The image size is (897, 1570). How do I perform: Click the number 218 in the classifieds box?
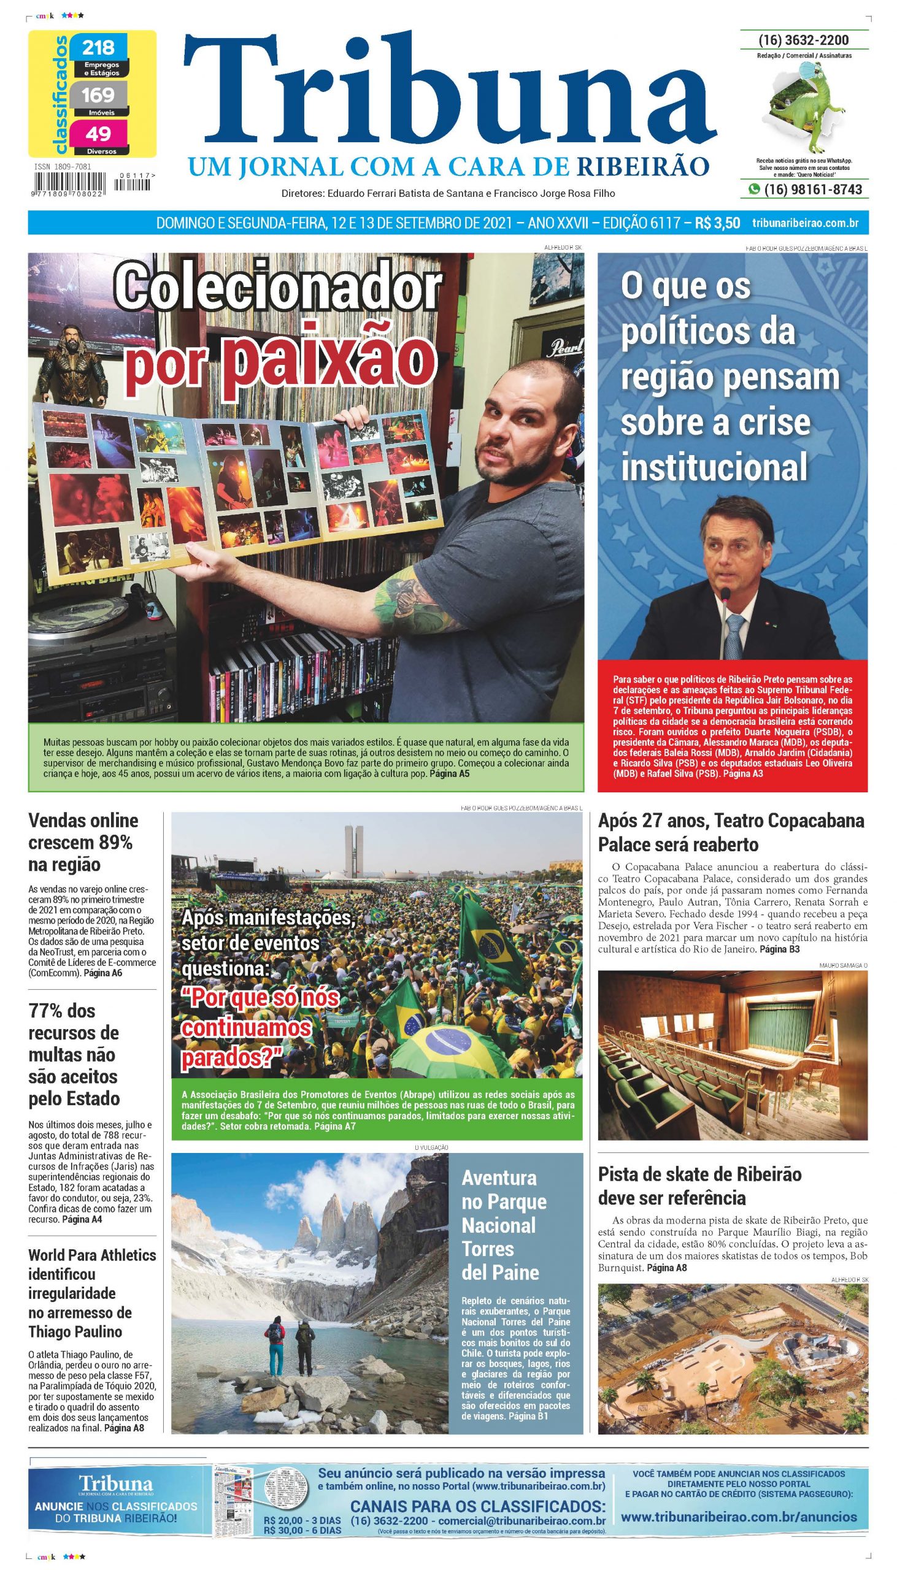pyautogui.click(x=99, y=47)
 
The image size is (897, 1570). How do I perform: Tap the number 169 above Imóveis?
pyautogui.click(x=99, y=95)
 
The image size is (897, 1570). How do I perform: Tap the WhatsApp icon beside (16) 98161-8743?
pyautogui.click(x=753, y=190)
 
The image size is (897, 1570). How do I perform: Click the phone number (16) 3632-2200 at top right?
pyautogui.click(x=804, y=40)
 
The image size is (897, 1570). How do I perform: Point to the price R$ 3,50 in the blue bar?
pyautogui.click(x=717, y=223)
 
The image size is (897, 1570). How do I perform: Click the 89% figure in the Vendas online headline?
pyautogui.click(x=114, y=842)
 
